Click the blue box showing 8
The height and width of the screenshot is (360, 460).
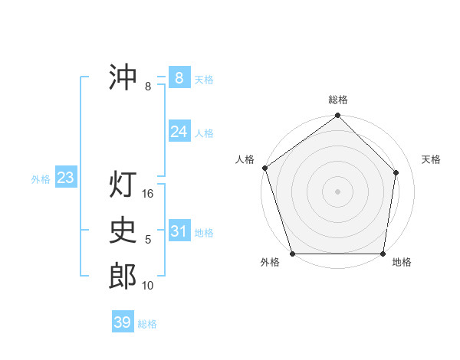click(179, 77)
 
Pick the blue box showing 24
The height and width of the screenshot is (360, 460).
click(179, 132)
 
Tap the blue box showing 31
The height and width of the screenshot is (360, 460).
click(179, 231)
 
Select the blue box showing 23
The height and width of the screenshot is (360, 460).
click(65, 178)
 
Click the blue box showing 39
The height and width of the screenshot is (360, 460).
click(123, 322)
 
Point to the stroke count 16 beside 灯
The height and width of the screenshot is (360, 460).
click(149, 194)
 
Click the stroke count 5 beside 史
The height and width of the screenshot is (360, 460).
click(148, 240)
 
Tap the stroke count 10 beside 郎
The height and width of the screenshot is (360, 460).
click(149, 286)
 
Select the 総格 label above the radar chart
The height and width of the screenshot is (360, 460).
click(338, 100)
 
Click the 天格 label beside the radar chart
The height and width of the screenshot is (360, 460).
click(432, 159)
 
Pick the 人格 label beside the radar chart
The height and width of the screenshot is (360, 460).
click(245, 159)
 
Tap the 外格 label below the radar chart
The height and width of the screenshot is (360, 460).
click(270, 262)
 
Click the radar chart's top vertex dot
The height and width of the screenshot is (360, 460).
click(338, 116)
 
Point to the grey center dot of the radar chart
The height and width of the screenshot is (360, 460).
click(338, 191)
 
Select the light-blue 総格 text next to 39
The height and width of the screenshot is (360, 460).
click(147, 324)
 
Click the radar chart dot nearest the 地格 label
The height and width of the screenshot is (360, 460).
click(383, 254)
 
